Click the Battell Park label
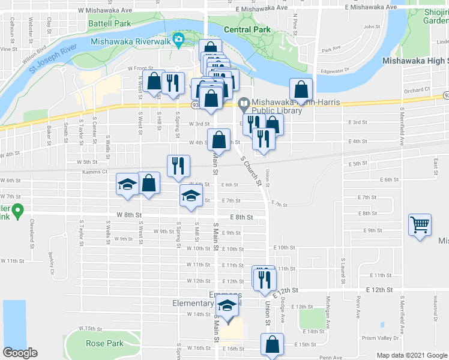[109, 23]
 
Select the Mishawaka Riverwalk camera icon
[178, 41]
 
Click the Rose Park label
[104, 343]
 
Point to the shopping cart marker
[420, 226]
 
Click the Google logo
[20, 353]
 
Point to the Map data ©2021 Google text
[411, 355]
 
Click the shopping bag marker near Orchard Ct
[301, 89]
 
